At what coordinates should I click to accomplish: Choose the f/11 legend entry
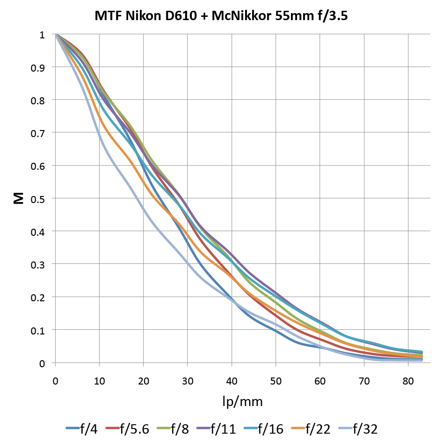point(222,428)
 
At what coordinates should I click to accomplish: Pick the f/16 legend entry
point(269,428)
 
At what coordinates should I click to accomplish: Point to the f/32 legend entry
point(364,428)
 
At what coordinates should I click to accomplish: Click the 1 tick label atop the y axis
point(42,35)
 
